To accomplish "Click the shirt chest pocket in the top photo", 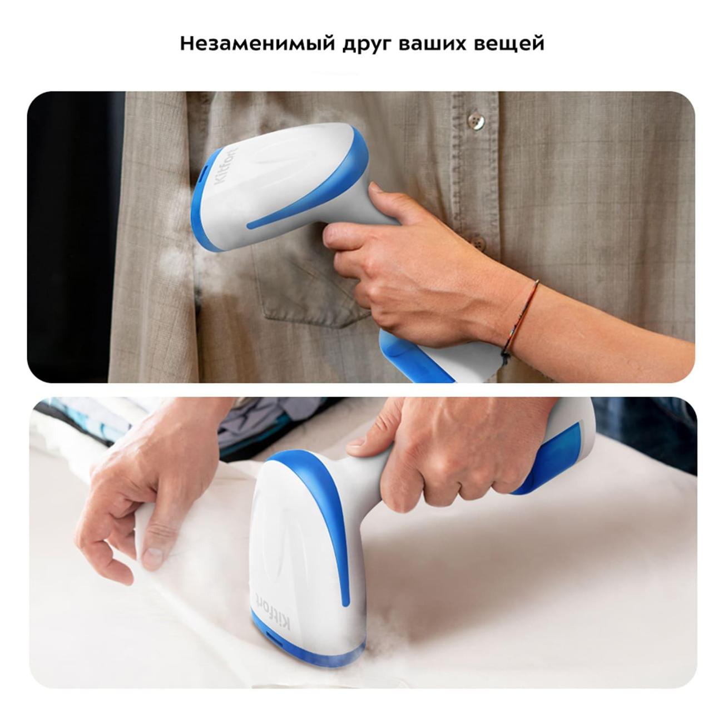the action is click(308, 285).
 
